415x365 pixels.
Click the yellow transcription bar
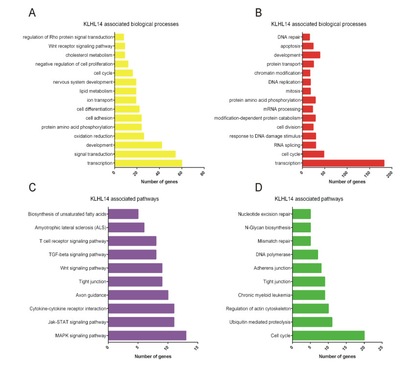(x=148, y=163)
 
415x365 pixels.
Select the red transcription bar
(x=343, y=163)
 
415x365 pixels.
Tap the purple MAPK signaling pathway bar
(x=147, y=335)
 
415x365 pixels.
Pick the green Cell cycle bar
(x=328, y=335)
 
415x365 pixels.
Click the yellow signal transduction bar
(x=145, y=154)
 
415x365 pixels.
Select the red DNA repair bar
(x=306, y=37)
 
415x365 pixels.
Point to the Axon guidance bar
(x=138, y=295)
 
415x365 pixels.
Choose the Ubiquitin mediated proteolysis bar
(x=312, y=322)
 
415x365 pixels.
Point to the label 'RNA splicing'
(x=287, y=145)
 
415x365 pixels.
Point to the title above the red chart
(x=319, y=23)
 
